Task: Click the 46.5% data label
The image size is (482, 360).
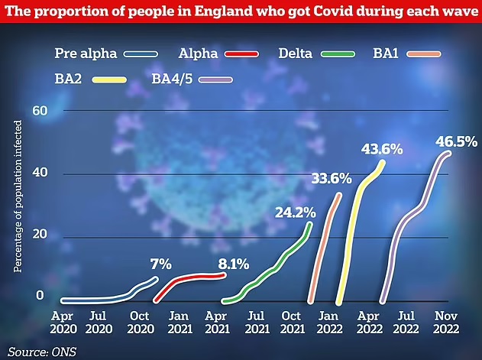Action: coord(457,142)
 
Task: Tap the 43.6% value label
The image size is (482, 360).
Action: coord(382,150)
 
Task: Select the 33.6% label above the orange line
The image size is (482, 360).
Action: coord(332,178)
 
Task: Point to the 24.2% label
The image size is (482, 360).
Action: coord(296,212)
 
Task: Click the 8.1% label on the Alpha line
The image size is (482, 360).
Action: coord(234,264)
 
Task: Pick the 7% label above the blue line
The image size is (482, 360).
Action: coord(161,264)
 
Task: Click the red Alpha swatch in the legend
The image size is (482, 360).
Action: coord(241,54)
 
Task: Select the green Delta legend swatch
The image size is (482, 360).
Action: coord(338,54)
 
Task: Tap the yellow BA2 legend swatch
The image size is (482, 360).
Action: coord(109,80)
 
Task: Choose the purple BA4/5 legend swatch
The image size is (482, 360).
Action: coord(215,80)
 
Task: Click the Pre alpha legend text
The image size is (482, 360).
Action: coord(86,54)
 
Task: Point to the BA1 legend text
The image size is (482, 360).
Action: coord(386,54)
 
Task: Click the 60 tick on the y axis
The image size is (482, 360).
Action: coord(40,111)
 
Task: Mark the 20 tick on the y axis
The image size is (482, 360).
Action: coord(40,234)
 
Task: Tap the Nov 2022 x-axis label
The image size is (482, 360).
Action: coord(446,322)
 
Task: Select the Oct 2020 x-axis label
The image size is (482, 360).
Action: coord(141,322)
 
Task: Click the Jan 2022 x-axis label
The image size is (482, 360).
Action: coord(329,322)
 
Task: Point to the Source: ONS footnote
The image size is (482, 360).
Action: coord(42,352)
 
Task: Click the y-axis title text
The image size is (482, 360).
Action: coord(18,196)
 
